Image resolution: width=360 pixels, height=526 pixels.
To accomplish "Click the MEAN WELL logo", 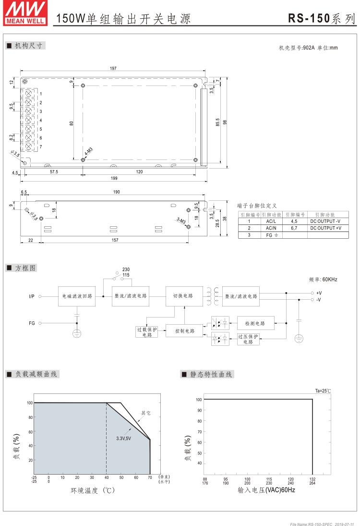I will [x=25, y=13].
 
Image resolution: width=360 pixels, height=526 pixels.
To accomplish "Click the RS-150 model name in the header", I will [x=309, y=18].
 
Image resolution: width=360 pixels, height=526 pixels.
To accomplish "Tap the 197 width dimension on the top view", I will [x=113, y=69].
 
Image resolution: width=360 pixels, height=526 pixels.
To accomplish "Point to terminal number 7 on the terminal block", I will [x=41, y=147].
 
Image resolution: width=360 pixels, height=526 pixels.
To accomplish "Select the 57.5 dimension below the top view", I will [x=54, y=171].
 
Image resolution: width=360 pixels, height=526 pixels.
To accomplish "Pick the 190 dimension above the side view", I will [x=116, y=192].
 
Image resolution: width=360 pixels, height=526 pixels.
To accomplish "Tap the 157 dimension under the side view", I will [x=114, y=240].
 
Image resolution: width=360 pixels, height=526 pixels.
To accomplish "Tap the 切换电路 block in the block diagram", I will [x=184, y=296].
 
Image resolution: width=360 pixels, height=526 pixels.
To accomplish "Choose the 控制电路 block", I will [x=184, y=331].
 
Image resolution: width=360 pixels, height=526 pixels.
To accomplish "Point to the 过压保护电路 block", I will [x=249, y=339].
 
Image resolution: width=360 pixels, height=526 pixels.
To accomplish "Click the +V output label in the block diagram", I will [x=319, y=293].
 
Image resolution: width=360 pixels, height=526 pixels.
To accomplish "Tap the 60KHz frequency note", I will [x=323, y=279].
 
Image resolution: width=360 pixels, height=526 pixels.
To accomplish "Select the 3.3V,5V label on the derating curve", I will [x=124, y=438].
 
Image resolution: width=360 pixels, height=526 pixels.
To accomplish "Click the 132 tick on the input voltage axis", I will [x=312, y=479].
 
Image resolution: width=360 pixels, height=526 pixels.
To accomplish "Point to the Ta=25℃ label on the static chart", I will [x=323, y=391].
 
